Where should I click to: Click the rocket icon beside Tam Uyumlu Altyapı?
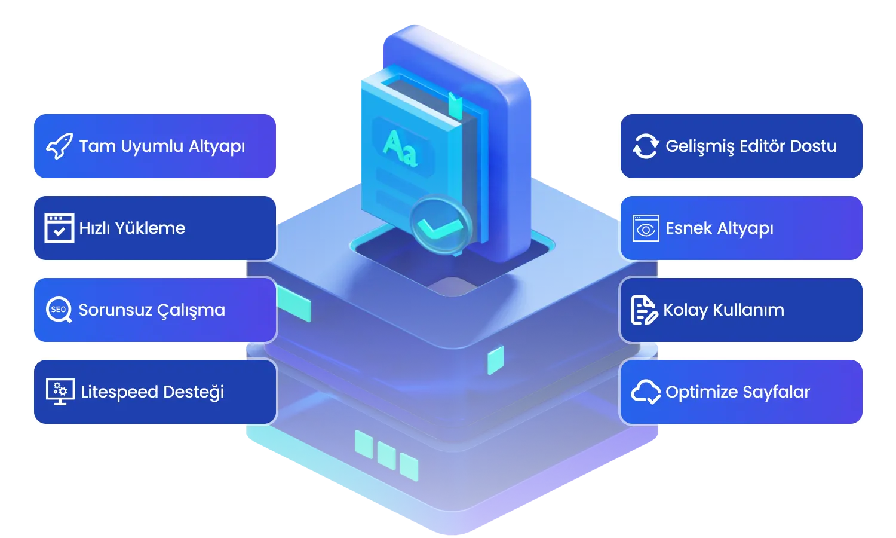pos(59,146)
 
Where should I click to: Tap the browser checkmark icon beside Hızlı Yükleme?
pos(59,228)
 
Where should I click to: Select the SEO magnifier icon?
pos(59,310)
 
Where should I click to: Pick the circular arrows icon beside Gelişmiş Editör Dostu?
pos(646,146)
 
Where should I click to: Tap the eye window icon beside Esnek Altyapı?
pos(646,228)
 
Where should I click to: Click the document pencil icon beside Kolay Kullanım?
pos(644,310)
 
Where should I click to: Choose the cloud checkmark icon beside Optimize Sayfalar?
pos(646,392)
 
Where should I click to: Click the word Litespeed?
pos(119,392)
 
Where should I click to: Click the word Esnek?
pos(689,228)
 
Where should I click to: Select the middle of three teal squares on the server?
pos(386,456)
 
